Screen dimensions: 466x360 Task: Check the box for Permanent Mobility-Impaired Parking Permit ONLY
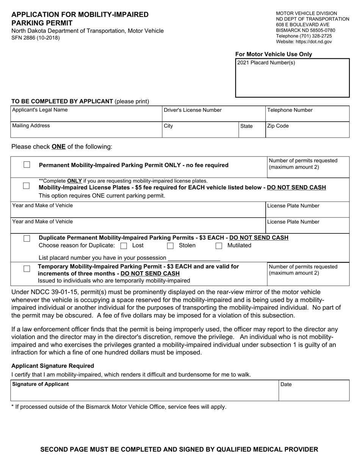[x=27, y=165]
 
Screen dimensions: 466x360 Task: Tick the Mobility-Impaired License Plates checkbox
[x=27, y=186]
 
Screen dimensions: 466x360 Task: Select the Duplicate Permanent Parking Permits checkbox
[x=27, y=238]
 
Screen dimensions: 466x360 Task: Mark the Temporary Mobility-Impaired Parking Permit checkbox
[x=27, y=269]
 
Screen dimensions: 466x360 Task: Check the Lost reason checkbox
[x=124, y=246]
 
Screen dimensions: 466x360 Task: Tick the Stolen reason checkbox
[x=171, y=246]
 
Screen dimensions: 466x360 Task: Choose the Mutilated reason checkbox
[x=219, y=246]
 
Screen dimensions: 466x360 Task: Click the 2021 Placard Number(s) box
[x=292, y=80]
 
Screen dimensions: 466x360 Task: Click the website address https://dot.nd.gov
[x=314, y=42]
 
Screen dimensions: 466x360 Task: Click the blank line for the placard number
[x=194, y=258]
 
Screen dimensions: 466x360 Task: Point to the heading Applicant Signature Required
[x=53, y=366]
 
